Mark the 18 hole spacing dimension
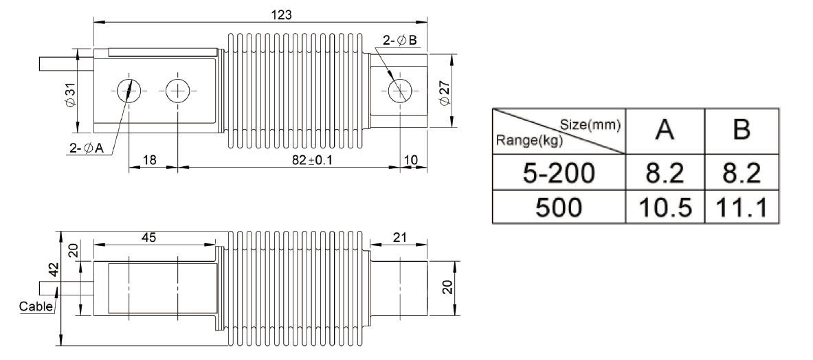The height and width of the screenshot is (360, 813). pyautogui.click(x=149, y=160)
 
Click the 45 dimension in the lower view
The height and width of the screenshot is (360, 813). pyautogui.click(x=149, y=237)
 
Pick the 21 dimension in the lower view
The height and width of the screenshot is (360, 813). pyautogui.click(x=399, y=237)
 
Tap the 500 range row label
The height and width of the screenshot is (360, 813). pyautogui.click(x=558, y=205)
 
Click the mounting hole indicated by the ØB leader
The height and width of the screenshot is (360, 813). pyautogui.click(x=399, y=91)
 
